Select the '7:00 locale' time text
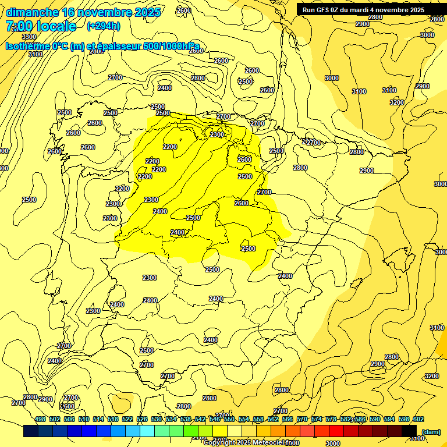click(x=41, y=26)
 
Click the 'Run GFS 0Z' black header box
click(x=363, y=9)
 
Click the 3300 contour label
click(x=29, y=37)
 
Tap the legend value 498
click(x=40, y=419)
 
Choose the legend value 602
click(x=418, y=419)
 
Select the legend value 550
click(x=229, y=419)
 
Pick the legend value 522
click(x=127, y=419)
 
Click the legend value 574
click(x=317, y=419)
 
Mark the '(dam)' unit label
click(x=431, y=431)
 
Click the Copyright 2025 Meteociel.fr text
click(x=252, y=442)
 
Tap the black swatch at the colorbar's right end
click(x=409, y=431)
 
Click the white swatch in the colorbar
click(x=235, y=431)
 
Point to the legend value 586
click(x=360, y=419)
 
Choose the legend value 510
click(x=84, y=419)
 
